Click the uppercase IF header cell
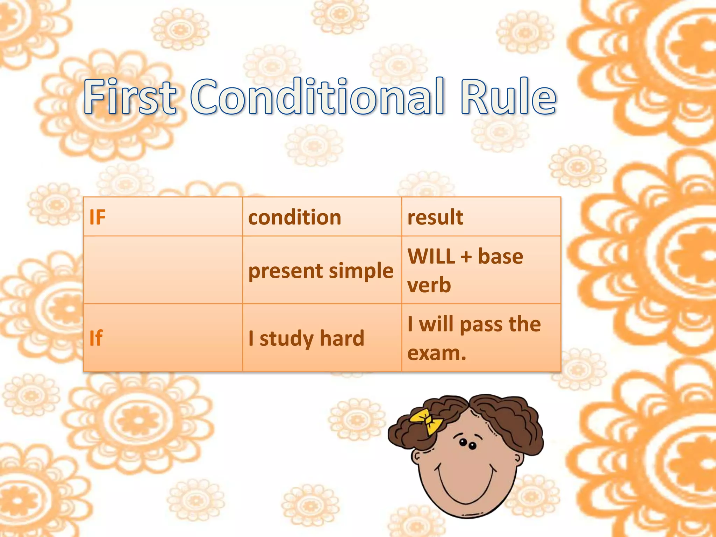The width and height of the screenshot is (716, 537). click(97, 217)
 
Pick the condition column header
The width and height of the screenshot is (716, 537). click(294, 217)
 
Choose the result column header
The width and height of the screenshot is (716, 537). click(435, 217)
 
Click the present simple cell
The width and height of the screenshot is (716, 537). click(321, 271)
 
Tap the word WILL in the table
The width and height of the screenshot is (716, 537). click(431, 256)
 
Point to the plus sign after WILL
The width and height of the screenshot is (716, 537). click(466, 257)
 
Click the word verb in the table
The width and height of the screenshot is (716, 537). click(429, 285)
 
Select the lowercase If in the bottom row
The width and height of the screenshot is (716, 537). click(96, 338)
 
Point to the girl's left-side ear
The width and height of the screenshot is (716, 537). click(416, 456)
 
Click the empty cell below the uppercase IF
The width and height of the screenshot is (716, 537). click(163, 270)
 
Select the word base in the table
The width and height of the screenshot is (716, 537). click(500, 256)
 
